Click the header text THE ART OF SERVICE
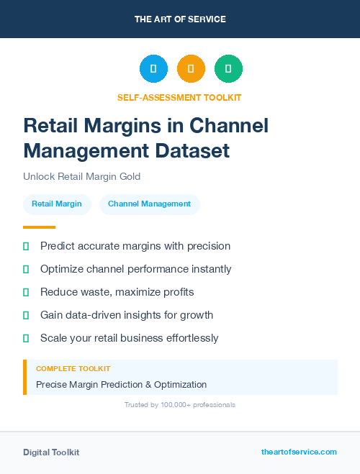pyautogui.click(x=180, y=19)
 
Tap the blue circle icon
pyautogui.click(x=153, y=69)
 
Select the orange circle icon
pyautogui.click(x=191, y=69)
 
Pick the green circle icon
pyautogui.click(x=228, y=69)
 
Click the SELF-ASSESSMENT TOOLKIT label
pyautogui.click(x=179, y=97)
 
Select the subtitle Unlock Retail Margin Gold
pyautogui.click(x=81, y=176)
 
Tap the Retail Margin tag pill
pyautogui.click(x=57, y=204)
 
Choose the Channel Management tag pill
pyautogui.click(x=149, y=204)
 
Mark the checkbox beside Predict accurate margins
pyautogui.click(x=26, y=246)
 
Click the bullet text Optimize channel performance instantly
pyautogui.click(x=136, y=269)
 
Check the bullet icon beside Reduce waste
pyautogui.click(x=26, y=292)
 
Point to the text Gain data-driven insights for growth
pyautogui.click(x=127, y=315)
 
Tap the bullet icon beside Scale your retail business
pyautogui.click(x=26, y=338)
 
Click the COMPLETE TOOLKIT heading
pyautogui.click(x=73, y=368)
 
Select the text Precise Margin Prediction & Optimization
pyautogui.click(x=121, y=384)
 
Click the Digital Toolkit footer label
pyautogui.click(x=51, y=452)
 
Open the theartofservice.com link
pyautogui.click(x=299, y=452)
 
